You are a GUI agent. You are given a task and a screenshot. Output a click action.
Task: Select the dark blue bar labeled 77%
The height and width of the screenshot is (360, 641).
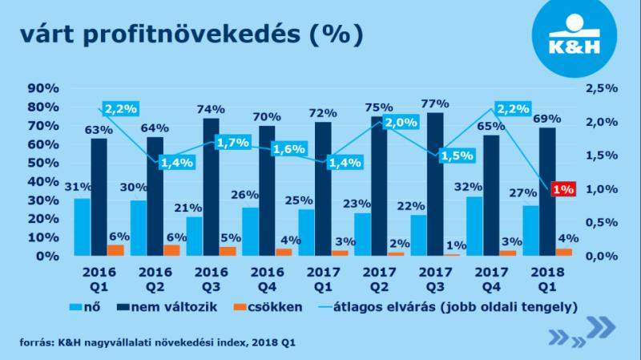click(x=435, y=184)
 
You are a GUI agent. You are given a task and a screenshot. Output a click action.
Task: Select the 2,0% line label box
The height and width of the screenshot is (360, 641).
click(x=398, y=123)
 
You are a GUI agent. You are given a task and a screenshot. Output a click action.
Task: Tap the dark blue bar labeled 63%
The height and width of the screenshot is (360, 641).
click(x=99, y=196)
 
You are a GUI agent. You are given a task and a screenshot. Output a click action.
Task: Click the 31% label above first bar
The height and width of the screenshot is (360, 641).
click(x=79, y=187)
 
